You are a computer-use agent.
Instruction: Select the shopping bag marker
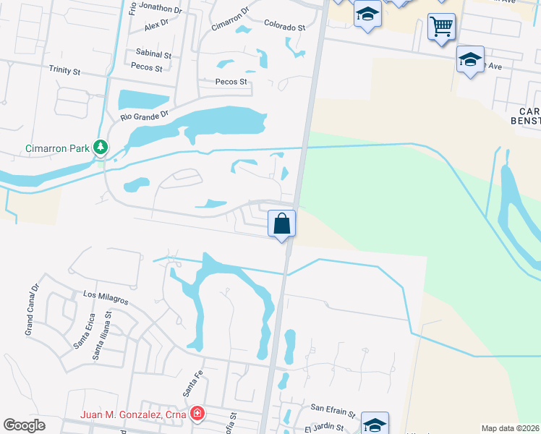pos(282,223)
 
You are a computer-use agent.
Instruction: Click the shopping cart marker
pos(441,27)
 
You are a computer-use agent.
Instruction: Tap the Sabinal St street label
pos(153,54)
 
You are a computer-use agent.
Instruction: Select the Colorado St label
pos(284,27)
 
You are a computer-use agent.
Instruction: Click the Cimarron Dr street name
pos(230,21)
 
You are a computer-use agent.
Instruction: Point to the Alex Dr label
pos(156,25)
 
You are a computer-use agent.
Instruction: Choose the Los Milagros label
pos(106,296)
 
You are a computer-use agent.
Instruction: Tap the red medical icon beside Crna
pos(196,414)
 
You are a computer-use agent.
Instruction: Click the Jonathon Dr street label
pos(159,9)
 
